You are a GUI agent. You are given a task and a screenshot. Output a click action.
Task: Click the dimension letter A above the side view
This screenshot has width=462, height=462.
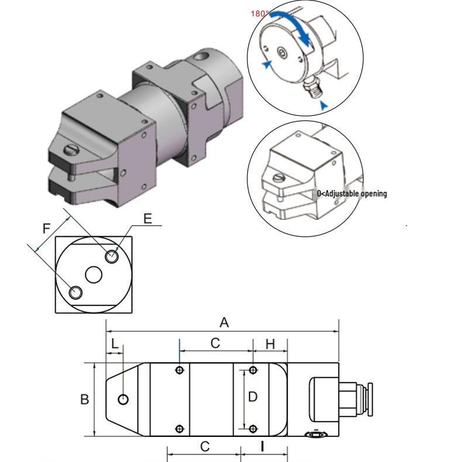(224, 323)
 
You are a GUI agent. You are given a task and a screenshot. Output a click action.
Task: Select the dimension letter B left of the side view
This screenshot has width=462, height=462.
(85, 399)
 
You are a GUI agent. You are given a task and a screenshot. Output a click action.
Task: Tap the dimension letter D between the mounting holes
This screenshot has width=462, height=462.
(253, 397)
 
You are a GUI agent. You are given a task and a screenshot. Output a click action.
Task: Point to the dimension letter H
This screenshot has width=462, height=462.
(270, 344)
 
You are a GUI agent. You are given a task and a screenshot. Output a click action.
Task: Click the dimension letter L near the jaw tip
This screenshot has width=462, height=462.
(115, 343)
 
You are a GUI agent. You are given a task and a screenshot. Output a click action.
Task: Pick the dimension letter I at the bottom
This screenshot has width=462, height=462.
(262, 447)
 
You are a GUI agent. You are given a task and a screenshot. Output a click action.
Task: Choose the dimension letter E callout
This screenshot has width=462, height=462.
(147, 219)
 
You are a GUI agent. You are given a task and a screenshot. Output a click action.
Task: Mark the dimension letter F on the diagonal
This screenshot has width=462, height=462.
(47, 229)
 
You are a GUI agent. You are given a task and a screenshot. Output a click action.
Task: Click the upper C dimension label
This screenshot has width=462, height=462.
(215, 343)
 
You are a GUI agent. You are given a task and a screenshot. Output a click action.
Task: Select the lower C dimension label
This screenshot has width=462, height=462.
(205, 447)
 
